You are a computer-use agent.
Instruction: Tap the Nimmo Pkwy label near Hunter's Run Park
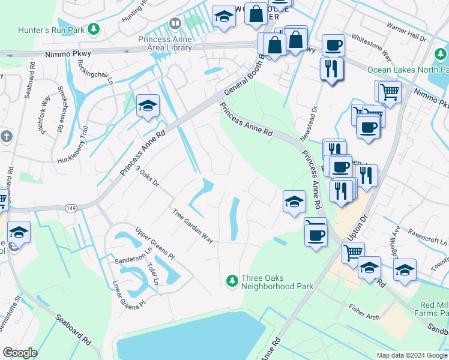tap(68, 54)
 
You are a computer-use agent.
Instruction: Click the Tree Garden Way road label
tap(193, 226)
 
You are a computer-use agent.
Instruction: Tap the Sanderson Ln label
tap(131, 259)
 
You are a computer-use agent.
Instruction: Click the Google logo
tap(20, 353)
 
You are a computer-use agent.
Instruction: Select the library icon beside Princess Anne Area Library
tap(175, 24)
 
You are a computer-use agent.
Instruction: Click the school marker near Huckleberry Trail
tap(147, 107)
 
